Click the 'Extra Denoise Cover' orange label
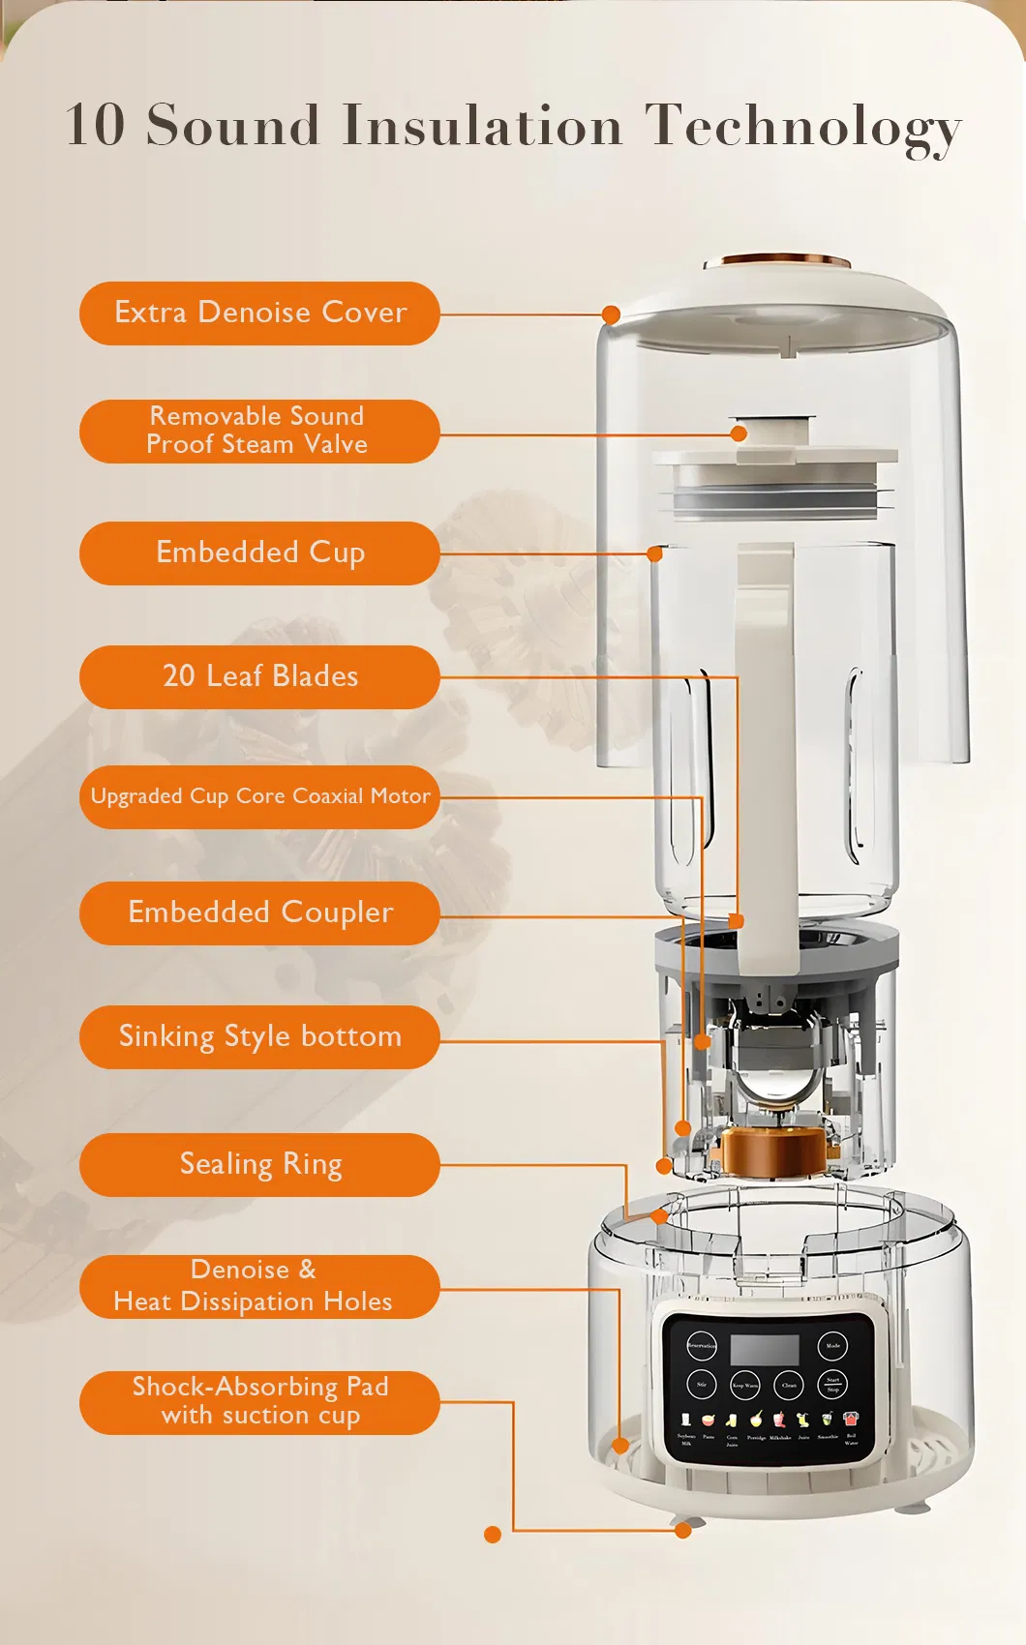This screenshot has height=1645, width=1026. (x=259, y=313)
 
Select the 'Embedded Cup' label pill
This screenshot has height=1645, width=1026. (x=259, y=553)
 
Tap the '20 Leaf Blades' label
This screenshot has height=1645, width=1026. (x=259, y=676)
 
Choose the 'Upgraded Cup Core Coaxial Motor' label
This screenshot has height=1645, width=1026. (x=259, y=796)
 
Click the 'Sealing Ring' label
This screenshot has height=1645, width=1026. (x=259, y=1164)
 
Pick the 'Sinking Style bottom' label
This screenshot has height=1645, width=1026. (x=259, y=1036)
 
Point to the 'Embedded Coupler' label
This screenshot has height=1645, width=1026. (x=259, y=912)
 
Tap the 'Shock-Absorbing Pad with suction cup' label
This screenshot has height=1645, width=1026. (x=259, y=1401)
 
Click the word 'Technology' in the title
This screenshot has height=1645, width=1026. (x=803, y=126)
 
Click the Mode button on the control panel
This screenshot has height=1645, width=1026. (x=832, y=1346)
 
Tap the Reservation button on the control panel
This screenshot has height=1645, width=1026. (x=702, y=1346)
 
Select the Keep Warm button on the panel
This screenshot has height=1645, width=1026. (x=745, y=1385)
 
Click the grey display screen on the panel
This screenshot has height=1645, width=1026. (x=765, y=1349)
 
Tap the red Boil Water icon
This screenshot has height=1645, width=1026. (x=851, y=1420)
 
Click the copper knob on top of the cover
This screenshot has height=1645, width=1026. (x=777, y=261)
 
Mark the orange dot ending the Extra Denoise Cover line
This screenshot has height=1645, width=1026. (x=611, y=314)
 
